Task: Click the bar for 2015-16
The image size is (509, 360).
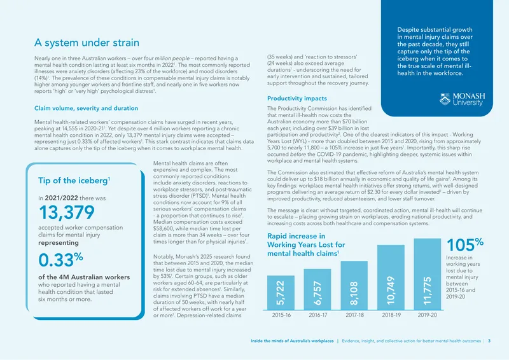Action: pos(281,293)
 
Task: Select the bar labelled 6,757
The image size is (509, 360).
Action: pos(317,289)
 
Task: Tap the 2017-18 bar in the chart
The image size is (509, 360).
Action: pos(354,286)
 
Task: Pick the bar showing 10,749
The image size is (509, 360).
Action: pos(391,277)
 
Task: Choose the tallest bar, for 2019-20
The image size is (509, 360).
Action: pos(428,274)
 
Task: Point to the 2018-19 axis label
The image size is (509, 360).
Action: pos(391,315)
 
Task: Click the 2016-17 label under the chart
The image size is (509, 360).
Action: pos(317,315)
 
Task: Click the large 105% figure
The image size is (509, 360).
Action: pos(465,244)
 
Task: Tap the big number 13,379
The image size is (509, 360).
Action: pos(67,212)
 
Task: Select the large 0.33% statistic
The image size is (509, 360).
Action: pos(60,260)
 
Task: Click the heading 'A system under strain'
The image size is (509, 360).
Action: pos(87,43)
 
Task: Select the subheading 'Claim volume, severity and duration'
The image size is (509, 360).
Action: pos(86,108)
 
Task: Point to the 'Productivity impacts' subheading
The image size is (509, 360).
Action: pos(297,99)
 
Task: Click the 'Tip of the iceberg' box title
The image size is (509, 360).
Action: pos(74,181)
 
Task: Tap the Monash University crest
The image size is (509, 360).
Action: pos(445,99)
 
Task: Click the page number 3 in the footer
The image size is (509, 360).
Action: pos(489,341)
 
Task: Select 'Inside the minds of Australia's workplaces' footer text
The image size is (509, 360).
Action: pos(292,341)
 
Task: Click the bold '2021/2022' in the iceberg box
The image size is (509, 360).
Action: pos(61,198)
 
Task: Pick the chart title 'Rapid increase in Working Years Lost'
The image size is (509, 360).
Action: pos(306,245)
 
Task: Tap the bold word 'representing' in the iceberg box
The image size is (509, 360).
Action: pos(59,243)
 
